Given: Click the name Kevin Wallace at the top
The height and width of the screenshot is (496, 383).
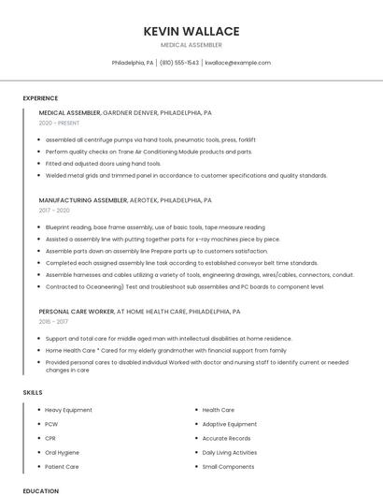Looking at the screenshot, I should (x=191, y=31).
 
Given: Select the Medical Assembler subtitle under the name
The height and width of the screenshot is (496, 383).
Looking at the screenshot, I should (x=191, y=45).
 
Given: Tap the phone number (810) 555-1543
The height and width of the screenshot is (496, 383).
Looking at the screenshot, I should (x=179, y=63).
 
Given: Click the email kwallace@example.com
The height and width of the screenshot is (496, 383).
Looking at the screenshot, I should (x=238, y=63).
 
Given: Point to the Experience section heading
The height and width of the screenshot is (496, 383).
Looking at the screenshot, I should (x=40, y=98).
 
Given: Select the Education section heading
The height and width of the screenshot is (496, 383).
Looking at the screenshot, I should (x=40, y=490).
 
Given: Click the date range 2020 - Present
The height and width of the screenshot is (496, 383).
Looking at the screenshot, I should (x=60, y=124).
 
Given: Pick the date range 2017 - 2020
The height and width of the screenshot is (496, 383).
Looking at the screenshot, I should (x=55, y=211).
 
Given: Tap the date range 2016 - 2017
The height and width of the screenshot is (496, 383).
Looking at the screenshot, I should (x=55, y=321).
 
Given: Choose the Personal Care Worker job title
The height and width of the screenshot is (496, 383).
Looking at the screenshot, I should (x=75, y=311).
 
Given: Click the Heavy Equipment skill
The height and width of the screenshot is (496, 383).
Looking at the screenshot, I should (x=68, y=410).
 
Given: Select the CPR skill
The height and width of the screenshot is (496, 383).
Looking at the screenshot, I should (x=51, y=438).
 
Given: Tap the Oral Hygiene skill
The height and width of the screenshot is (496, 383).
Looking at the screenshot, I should (x=63, y=452).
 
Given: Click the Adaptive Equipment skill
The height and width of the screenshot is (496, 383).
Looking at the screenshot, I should (x=229, y=424).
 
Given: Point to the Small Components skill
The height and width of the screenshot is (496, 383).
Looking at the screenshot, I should (x=228, y=466).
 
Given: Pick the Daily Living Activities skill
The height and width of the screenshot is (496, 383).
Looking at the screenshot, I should (x=230, y=452).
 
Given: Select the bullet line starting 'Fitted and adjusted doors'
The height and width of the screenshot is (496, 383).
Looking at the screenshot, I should (x=103, y=163).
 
